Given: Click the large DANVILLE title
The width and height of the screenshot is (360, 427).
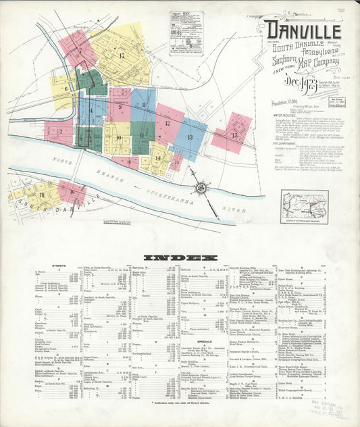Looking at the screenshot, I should pos(303,30).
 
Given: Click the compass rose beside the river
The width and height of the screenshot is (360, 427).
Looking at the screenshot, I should pos(201,191).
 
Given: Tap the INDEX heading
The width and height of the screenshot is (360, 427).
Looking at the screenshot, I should pos(180,257).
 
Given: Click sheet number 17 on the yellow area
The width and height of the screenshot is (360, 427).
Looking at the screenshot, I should pos(122,55).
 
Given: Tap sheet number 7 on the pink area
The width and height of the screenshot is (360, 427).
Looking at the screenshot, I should pos(80,50).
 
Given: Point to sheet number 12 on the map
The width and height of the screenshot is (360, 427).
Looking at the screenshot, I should pos(167,124).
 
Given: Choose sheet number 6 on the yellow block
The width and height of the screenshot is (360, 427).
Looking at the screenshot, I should pos(66,88).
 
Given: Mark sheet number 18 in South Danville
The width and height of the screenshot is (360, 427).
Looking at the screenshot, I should pos(42,195).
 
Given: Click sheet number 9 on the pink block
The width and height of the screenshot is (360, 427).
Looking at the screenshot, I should pos(120,107).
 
